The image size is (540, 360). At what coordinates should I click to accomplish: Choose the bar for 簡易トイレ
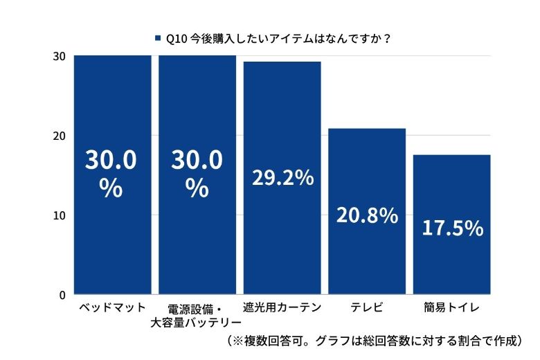tap(451, 263)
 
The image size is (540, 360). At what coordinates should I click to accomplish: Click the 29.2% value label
tap(282, 178)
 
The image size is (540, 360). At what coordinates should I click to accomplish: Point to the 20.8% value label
tap(367, 215)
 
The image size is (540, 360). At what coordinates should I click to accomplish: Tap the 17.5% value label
tap(452, 228)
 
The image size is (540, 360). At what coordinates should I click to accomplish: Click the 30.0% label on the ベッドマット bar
tap(111, 174)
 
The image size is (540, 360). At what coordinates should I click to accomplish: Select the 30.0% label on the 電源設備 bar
tap(197, 174)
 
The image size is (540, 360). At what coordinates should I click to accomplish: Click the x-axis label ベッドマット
tap(112, 307)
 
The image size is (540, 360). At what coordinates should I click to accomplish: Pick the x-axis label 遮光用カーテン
tap(282, 307)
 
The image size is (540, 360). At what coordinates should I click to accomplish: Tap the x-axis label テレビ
tap(366, 307)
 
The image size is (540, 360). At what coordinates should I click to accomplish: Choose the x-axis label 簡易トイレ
tap(451, 307)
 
